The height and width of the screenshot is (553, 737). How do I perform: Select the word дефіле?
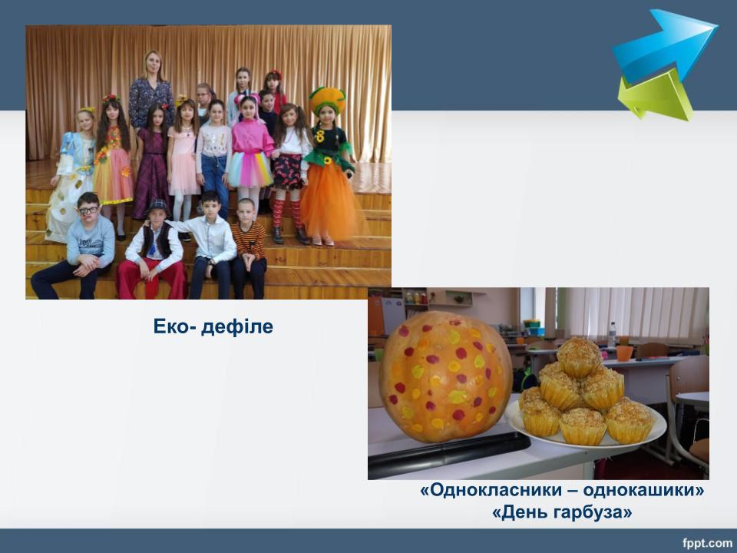(237, 326)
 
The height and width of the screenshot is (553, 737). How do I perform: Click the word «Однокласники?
(491, 490)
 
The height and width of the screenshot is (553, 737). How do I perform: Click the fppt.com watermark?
(707, 543)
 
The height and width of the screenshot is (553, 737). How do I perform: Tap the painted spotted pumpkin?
(445, 376)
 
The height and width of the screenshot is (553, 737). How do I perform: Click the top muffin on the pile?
(579, 357)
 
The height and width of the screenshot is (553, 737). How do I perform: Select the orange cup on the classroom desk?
(624, 353)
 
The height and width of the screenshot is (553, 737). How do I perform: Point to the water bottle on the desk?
(612, 334)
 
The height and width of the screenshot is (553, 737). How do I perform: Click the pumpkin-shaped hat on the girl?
(327, 99)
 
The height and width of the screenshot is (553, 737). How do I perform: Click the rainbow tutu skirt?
(250, 169)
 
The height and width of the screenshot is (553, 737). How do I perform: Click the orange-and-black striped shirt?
(249, 240)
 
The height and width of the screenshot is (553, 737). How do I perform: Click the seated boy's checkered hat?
(158, 205)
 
